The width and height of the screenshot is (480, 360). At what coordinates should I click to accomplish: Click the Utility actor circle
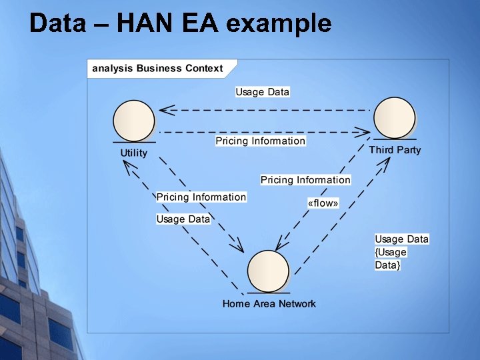click(134, 121)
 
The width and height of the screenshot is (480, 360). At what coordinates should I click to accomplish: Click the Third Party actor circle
click(395, 117)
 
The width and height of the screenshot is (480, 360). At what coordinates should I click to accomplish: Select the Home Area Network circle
click(269, 271)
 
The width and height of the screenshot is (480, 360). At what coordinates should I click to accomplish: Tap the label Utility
click(134, 153)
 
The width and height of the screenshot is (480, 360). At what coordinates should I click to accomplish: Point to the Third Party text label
click(395, 150)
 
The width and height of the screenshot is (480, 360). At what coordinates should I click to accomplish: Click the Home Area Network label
click(269, 304)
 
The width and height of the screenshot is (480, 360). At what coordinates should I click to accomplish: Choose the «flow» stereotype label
click(323, 203)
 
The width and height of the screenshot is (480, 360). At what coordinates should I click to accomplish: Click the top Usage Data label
click(263, 92)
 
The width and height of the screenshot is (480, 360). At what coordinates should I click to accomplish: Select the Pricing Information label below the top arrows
click(260, 141)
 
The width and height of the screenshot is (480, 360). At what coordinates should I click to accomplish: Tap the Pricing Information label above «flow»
click(305, 180)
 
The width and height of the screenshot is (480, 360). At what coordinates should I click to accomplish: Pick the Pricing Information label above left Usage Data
click(201, 197)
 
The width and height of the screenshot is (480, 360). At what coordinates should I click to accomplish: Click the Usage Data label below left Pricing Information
click(183, 219)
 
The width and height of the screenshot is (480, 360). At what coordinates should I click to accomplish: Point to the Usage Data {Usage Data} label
click(401, 252)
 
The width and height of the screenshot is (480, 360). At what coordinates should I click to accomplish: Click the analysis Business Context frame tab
click(158, 69)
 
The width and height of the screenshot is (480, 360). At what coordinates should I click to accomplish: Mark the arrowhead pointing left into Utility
click(166, 109)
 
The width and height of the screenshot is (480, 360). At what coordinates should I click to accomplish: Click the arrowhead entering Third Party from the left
click(363, 132)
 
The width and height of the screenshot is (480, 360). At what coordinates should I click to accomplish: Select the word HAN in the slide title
click(143, 24)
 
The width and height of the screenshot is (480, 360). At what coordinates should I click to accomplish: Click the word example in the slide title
click(279, 24)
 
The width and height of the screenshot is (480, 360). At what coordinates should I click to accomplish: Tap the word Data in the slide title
click(57, 24)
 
